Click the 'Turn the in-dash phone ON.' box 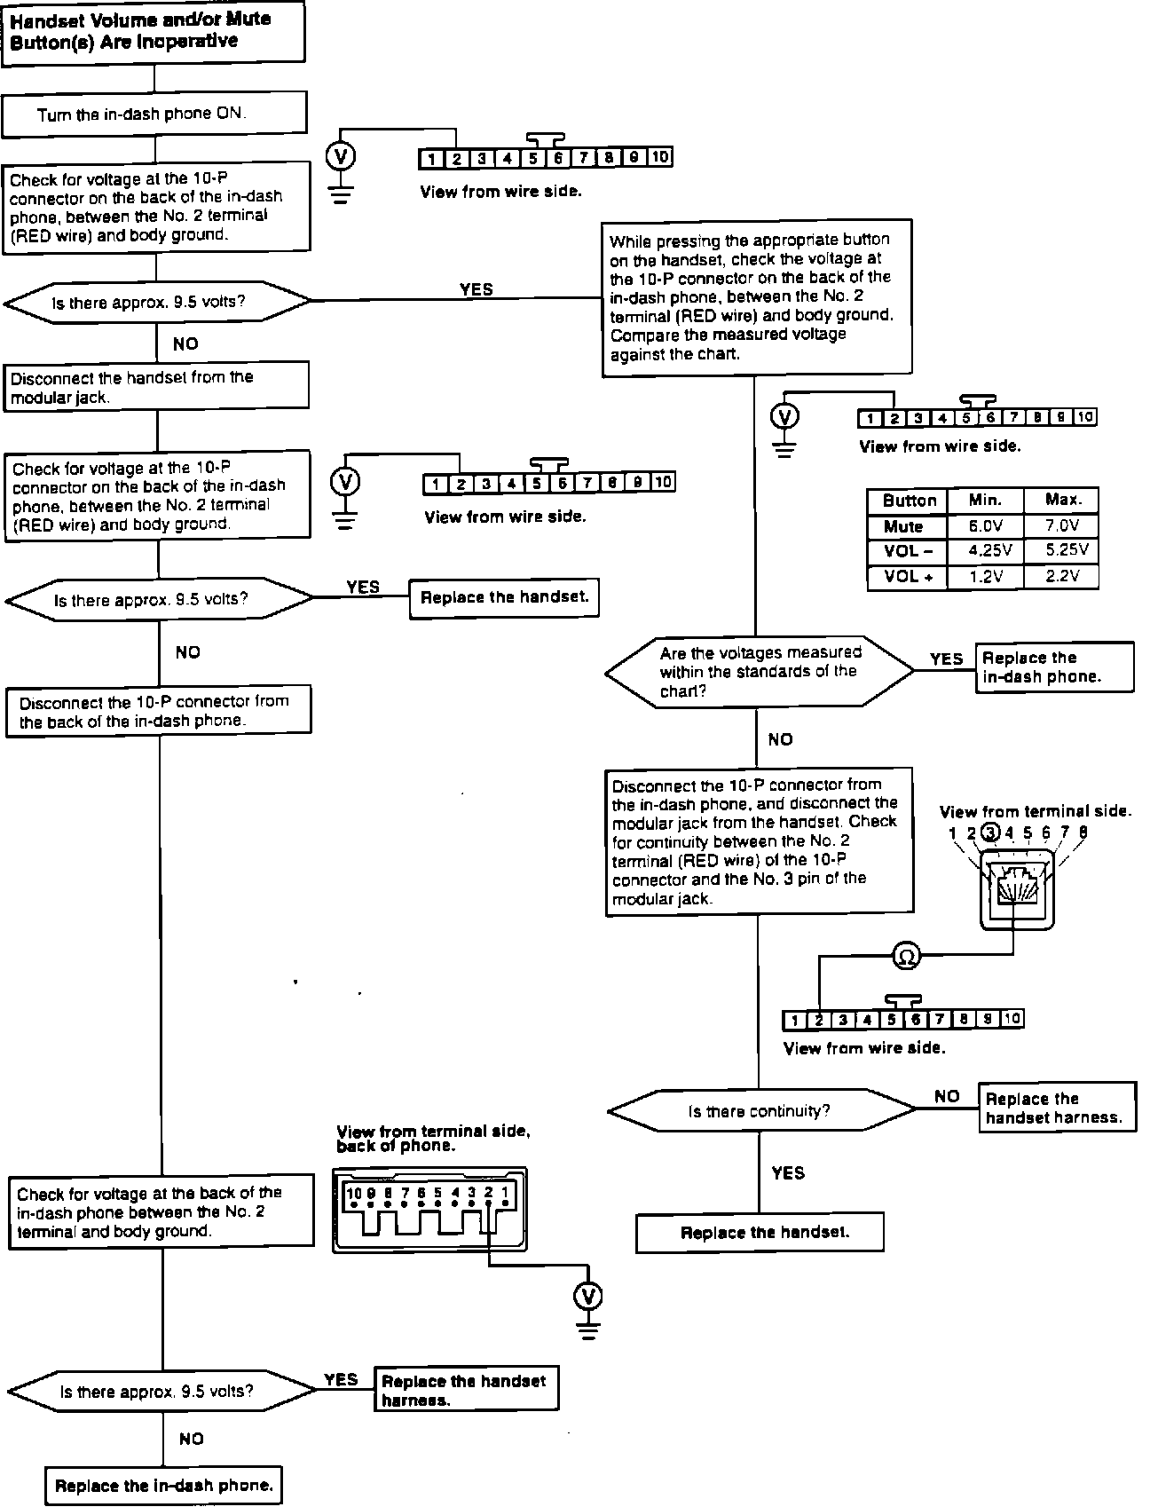click(x=154, y=114)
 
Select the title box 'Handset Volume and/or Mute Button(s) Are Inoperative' click(x=153, y=31)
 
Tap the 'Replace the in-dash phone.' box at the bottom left click(x=163, y=1486)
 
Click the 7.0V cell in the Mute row click(x=1060, y=525)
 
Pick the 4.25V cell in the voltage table click(x=985, y=550)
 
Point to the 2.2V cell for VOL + click(x=1060, y=576)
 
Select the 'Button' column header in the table click(x=908, y=501)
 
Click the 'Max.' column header click(x=1060, y=501)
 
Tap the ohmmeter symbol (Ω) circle click(x=906, y=956)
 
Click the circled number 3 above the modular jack click(x=990, y=832)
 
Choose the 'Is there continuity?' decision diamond click(x=760, y=1111)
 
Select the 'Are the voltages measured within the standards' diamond click(x=759, y=672)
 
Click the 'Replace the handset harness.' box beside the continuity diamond click(x=1056, y=1108)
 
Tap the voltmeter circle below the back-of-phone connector click(x=587, y=1296)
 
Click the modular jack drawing click(x=1017, y=890)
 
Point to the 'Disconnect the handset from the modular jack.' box click(x=156, y=386)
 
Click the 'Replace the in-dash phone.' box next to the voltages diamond click(x=1054, y=667)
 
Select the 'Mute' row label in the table click(x=905, y=525)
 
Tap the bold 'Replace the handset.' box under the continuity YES click(x=760, y=1232)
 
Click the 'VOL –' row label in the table click(x=908, y=550)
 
